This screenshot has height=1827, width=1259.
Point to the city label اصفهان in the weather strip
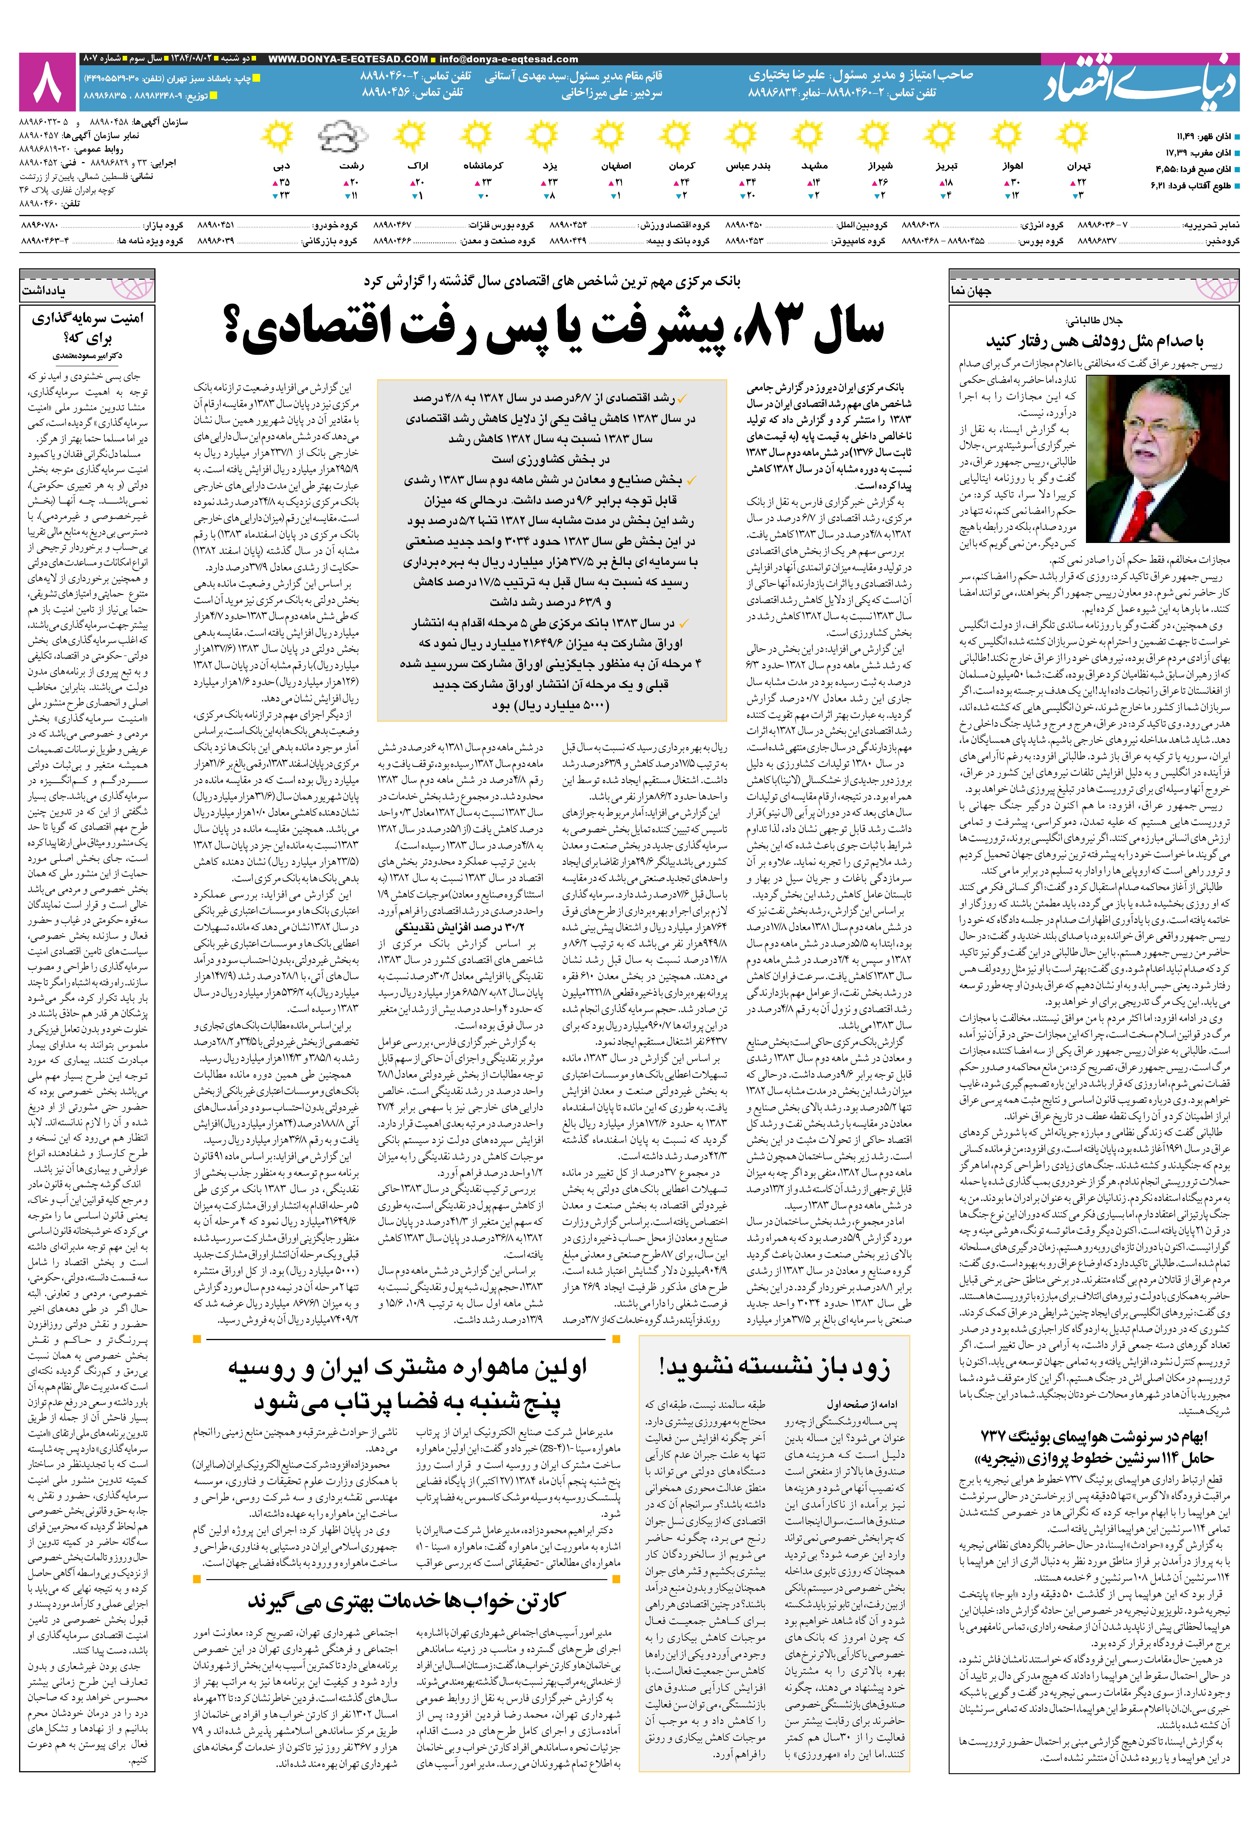(616, 167)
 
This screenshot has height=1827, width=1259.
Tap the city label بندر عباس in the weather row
(748, 167)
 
